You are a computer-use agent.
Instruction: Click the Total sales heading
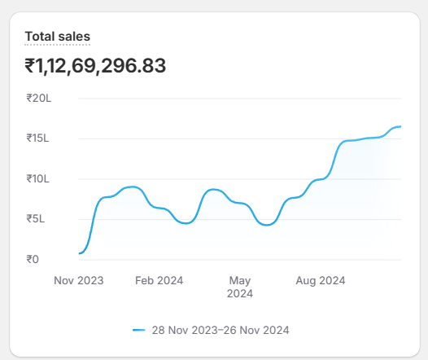point(57,36)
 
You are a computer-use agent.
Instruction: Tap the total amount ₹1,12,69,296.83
point(95,65)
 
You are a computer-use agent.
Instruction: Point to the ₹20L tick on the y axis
point(38,99)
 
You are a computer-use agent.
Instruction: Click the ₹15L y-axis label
point(38,138)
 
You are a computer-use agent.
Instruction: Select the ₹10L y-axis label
point(38,179)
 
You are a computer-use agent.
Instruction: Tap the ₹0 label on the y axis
point(33,260)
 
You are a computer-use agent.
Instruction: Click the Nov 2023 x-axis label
point(79,280)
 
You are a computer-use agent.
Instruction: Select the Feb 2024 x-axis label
point(159,280)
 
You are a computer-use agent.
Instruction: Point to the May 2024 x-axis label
point(240,287)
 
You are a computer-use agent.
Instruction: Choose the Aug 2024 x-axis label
point(320,280)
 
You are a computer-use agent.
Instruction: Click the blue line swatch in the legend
point(138,330)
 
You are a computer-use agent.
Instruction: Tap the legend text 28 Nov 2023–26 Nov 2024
point(220,330)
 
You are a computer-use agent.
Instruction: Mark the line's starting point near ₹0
point(80,253)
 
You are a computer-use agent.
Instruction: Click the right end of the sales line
point(400,126)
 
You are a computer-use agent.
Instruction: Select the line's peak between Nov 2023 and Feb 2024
point(133,187)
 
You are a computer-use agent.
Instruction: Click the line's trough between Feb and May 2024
point(186,222)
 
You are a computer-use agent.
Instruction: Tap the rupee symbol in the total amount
point(30,65)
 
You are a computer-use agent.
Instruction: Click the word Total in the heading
point(39,36)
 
